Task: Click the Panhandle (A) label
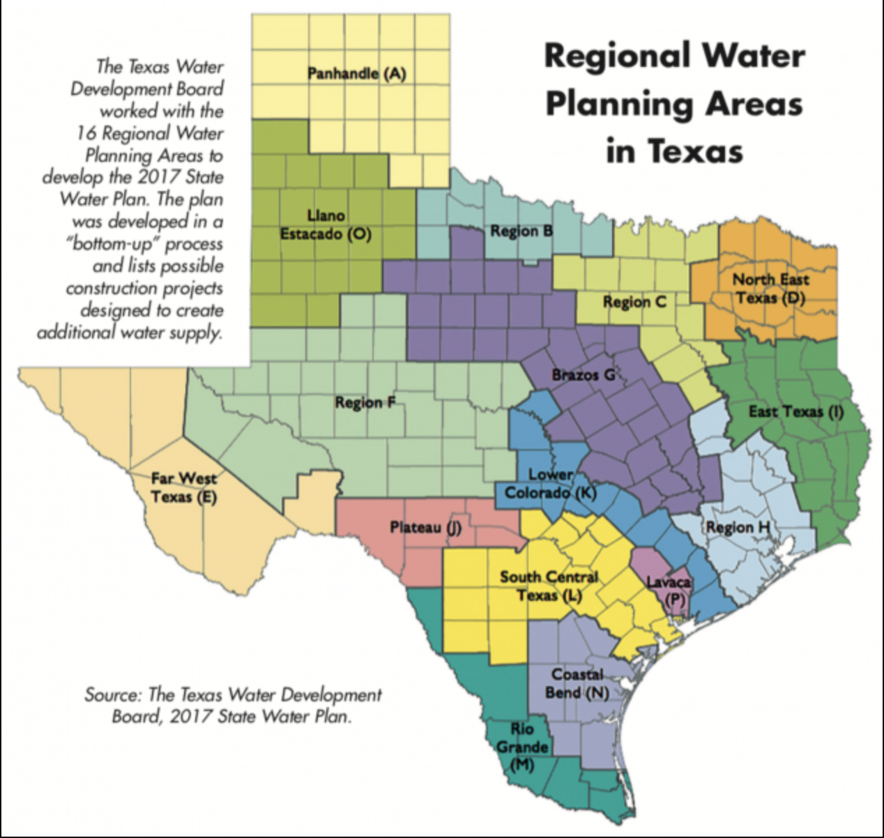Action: [x=356, y=73]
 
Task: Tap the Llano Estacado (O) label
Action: [x=326, y=224]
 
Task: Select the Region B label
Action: [x=521, y=231]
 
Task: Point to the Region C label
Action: [x=634, y=302]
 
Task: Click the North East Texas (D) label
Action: [x=770, y=289]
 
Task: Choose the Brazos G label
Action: [x=584, y=375]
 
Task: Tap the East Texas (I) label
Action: [x=795, y=411]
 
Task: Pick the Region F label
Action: [x=365, y=402]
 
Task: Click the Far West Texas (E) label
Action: [x=184, y=487]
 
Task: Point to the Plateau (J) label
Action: [x=425, y=527]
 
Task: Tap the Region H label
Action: [x=738, y=527]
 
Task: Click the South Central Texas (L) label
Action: [x=549, y=586]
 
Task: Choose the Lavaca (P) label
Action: [x=669, y=590]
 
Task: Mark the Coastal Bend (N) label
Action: [x=577, y=683]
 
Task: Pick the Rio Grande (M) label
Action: [x=522, y=747]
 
